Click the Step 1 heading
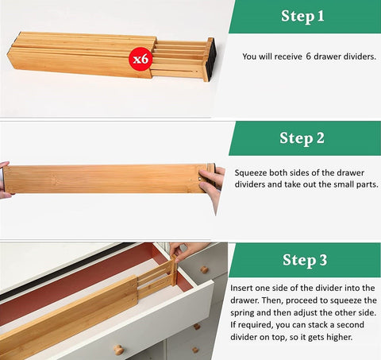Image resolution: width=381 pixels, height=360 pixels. tap(302, 16)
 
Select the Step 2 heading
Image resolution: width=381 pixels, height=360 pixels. tap(302, 138)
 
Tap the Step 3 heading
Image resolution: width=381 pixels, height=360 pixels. tap(303, 261)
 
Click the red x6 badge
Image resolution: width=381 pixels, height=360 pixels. tap(140, 58)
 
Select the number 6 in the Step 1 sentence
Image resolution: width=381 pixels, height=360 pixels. tap(309, 56)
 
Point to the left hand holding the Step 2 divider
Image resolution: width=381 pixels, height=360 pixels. tap(5, 180)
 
